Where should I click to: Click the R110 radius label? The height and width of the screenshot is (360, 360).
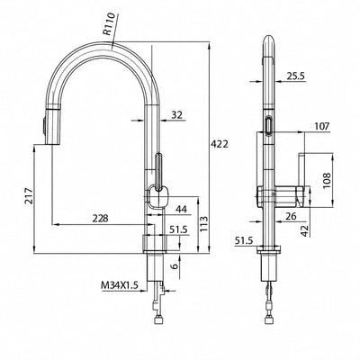point(109,24)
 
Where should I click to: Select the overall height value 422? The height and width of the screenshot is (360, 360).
point(219,144)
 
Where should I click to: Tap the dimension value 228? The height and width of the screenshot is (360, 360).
point(100,219)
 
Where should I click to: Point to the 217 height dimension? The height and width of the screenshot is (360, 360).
point(29,196)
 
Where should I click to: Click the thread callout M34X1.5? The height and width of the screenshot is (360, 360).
point(120,285)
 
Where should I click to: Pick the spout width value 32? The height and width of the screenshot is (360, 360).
point(176,115)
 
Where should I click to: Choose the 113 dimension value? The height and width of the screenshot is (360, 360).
point(204,223)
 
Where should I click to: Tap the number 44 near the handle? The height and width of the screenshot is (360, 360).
point(181,209)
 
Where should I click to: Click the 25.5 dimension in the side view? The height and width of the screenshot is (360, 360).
point(295,76)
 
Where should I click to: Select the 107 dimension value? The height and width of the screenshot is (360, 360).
point(321,126)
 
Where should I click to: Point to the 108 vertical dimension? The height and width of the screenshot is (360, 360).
point(327,180)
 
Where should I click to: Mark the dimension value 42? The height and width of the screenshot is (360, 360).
point(304,231)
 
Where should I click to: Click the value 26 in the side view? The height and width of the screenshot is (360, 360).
point(291,216)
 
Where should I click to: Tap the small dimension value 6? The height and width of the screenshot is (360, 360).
point(175,265)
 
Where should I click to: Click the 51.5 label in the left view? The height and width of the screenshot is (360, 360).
point(178,229)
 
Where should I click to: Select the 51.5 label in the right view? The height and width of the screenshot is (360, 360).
point(244,240)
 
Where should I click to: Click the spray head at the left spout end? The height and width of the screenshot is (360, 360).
point(49,125)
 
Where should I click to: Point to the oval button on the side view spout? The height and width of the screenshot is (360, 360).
point(268,125)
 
